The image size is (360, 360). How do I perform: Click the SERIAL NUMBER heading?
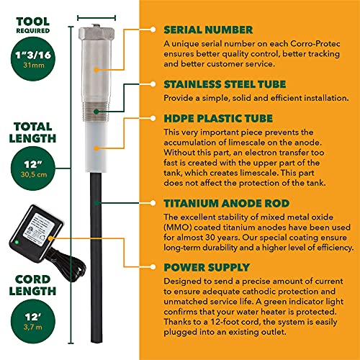208,30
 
